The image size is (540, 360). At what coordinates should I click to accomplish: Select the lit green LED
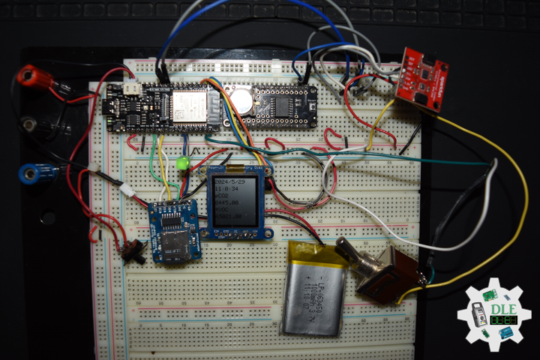[x=181, y=163]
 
